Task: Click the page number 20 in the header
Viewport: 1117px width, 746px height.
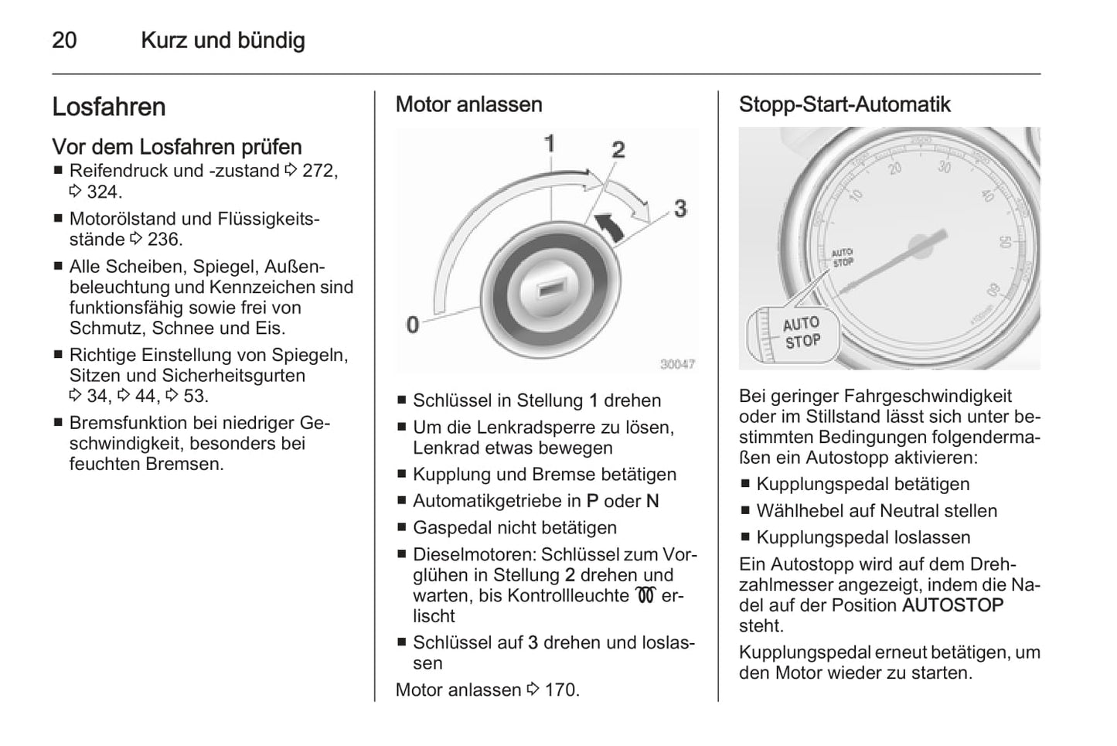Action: (64, 40)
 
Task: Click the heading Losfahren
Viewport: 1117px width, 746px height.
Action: (109, 107)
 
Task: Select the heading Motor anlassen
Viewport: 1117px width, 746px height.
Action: (468, 104)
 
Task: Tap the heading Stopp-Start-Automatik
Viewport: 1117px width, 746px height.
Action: (844, 104)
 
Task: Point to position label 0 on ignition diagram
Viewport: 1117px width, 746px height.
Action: (413, 324)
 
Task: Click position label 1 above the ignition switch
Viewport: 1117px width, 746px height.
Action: (550, 143)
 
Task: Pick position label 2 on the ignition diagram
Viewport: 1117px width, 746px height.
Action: (618, 149)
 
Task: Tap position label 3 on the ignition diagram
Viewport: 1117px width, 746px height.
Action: (679, 208)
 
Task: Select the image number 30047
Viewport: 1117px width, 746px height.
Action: (676, 364)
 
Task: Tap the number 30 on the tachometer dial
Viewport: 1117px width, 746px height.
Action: (944, 165)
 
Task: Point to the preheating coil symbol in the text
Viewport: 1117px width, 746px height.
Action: (645, 595)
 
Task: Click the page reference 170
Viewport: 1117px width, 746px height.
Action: (561, 690)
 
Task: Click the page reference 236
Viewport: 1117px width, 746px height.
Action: (165, 240)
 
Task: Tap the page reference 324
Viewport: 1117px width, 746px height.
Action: (104, 192)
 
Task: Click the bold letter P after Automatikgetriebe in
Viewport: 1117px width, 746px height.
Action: (592, 501)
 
